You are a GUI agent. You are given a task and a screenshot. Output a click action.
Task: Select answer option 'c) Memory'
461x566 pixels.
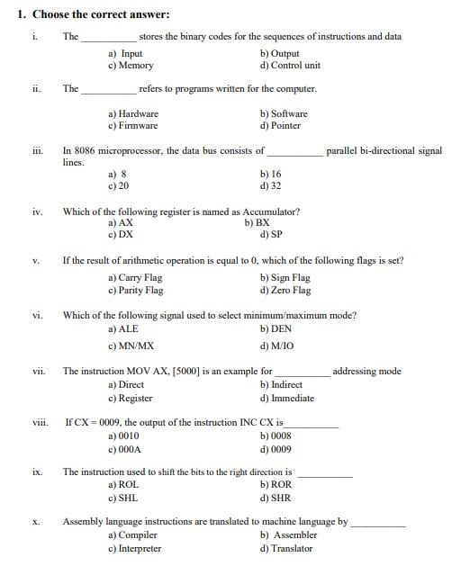point(131,66)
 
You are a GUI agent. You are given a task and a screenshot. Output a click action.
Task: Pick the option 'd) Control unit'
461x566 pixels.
point(290,66)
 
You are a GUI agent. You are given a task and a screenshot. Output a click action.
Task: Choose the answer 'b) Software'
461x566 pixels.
point(284,114)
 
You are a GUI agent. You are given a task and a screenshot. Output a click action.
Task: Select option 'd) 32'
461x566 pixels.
point(271,186)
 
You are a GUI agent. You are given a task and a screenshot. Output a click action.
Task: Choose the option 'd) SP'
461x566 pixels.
point(272,235)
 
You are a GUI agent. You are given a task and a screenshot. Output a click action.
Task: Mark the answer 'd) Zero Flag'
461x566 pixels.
point(285,291)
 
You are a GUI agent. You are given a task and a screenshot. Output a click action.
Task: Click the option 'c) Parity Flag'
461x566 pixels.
point(135,291)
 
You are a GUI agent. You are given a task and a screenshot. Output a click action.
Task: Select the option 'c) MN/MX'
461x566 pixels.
point(131,346)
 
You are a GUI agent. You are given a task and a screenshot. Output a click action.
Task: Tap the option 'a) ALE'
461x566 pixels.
point(122,329)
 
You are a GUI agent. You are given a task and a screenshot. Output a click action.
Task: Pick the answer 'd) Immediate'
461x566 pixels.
point(287,399)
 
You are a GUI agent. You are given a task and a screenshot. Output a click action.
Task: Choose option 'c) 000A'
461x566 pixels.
point(124,449)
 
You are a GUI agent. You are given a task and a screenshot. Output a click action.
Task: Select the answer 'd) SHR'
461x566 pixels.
point(276,498)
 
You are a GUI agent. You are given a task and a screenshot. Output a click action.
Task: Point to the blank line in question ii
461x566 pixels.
point(109,90)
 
